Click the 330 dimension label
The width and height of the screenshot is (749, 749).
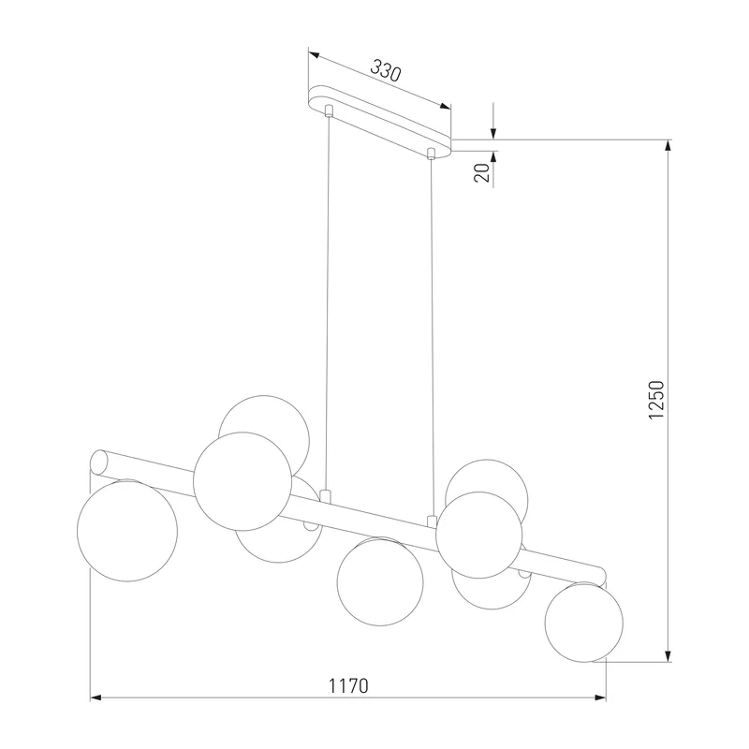pyautogui.click(x=386, y=71)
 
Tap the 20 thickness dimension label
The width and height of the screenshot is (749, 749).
pyautogui.click(x=482, y=172)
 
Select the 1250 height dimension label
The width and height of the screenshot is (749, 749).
pyautogui.click(x=656, y=401)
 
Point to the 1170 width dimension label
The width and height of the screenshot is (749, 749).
pyautogui.click(x=348, y=686)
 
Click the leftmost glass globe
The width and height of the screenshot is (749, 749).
pyautogui.click(x=127, y=530)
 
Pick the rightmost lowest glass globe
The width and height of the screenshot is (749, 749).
pyautogui.click(x=583, y=622)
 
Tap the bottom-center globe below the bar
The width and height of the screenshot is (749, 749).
pyautogui.click(x=380, y=581)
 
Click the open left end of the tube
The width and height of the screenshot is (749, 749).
pyautogui.click(x=98, y=463)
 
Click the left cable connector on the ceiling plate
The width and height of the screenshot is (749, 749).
pyautogui.click(x=329, y=110)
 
